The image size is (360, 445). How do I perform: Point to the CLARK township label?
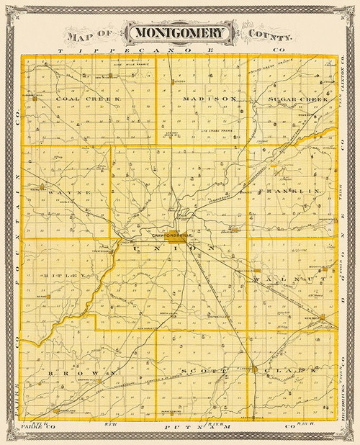click(x=291, y=370)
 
